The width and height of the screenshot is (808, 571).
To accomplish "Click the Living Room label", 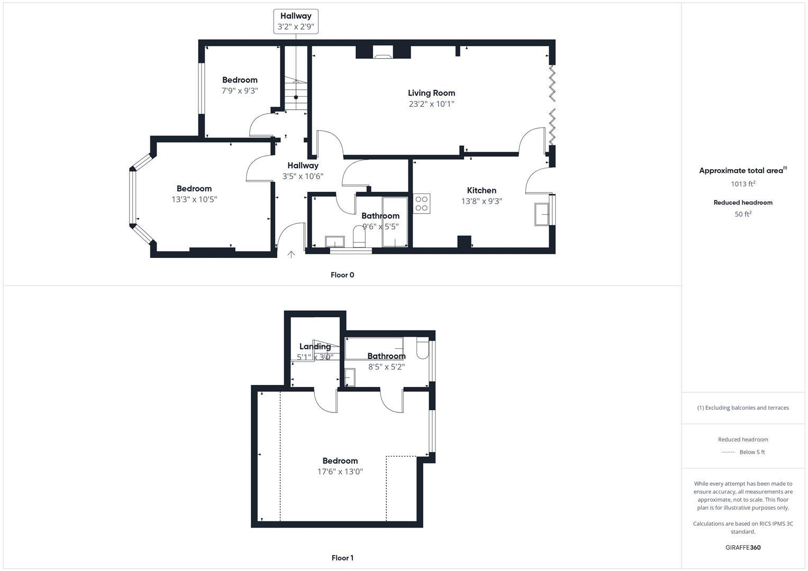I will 431,93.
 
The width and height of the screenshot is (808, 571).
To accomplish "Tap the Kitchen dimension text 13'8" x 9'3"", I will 482,201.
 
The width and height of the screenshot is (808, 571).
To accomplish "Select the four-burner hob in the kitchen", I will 422,204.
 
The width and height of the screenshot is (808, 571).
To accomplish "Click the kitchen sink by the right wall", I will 542,214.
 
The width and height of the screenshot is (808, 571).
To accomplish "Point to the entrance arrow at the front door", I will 291,255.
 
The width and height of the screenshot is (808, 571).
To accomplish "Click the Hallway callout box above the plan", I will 296,21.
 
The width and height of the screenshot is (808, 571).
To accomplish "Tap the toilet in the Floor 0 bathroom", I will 359,236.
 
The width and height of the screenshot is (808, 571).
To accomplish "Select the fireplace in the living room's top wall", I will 383,52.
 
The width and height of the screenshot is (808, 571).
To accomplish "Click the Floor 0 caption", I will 342,275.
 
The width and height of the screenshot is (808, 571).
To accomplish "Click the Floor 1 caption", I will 342,558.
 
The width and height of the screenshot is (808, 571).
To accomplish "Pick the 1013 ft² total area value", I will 743,184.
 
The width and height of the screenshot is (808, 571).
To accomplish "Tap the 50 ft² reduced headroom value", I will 743,214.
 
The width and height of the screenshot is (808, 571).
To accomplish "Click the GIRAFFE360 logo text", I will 743,547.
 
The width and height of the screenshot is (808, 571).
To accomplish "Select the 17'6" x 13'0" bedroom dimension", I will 340,472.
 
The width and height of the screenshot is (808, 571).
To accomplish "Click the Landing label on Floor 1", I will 315,347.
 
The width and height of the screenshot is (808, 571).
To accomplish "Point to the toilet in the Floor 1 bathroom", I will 422,348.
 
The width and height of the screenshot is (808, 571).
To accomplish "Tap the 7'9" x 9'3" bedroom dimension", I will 240,91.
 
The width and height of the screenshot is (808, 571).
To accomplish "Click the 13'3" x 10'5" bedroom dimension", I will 194,199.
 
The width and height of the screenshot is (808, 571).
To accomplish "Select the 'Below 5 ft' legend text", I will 752,452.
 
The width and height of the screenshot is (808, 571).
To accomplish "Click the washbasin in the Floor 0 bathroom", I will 334,242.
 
